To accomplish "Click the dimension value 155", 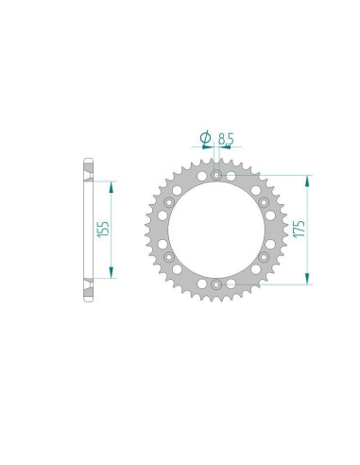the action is (104, 229).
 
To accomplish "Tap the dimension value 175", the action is (299, 229).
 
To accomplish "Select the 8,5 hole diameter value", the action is (226, 139).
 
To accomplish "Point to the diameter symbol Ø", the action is (206, 138).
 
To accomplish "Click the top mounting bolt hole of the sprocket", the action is (216, 175).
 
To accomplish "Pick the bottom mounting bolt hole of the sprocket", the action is (216, 284).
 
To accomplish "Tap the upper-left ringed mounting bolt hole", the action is (169, 202).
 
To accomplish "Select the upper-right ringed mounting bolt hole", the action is (264, 202).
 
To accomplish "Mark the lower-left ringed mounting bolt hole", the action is (169, 257).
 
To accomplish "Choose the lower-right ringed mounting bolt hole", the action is (264, 257).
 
